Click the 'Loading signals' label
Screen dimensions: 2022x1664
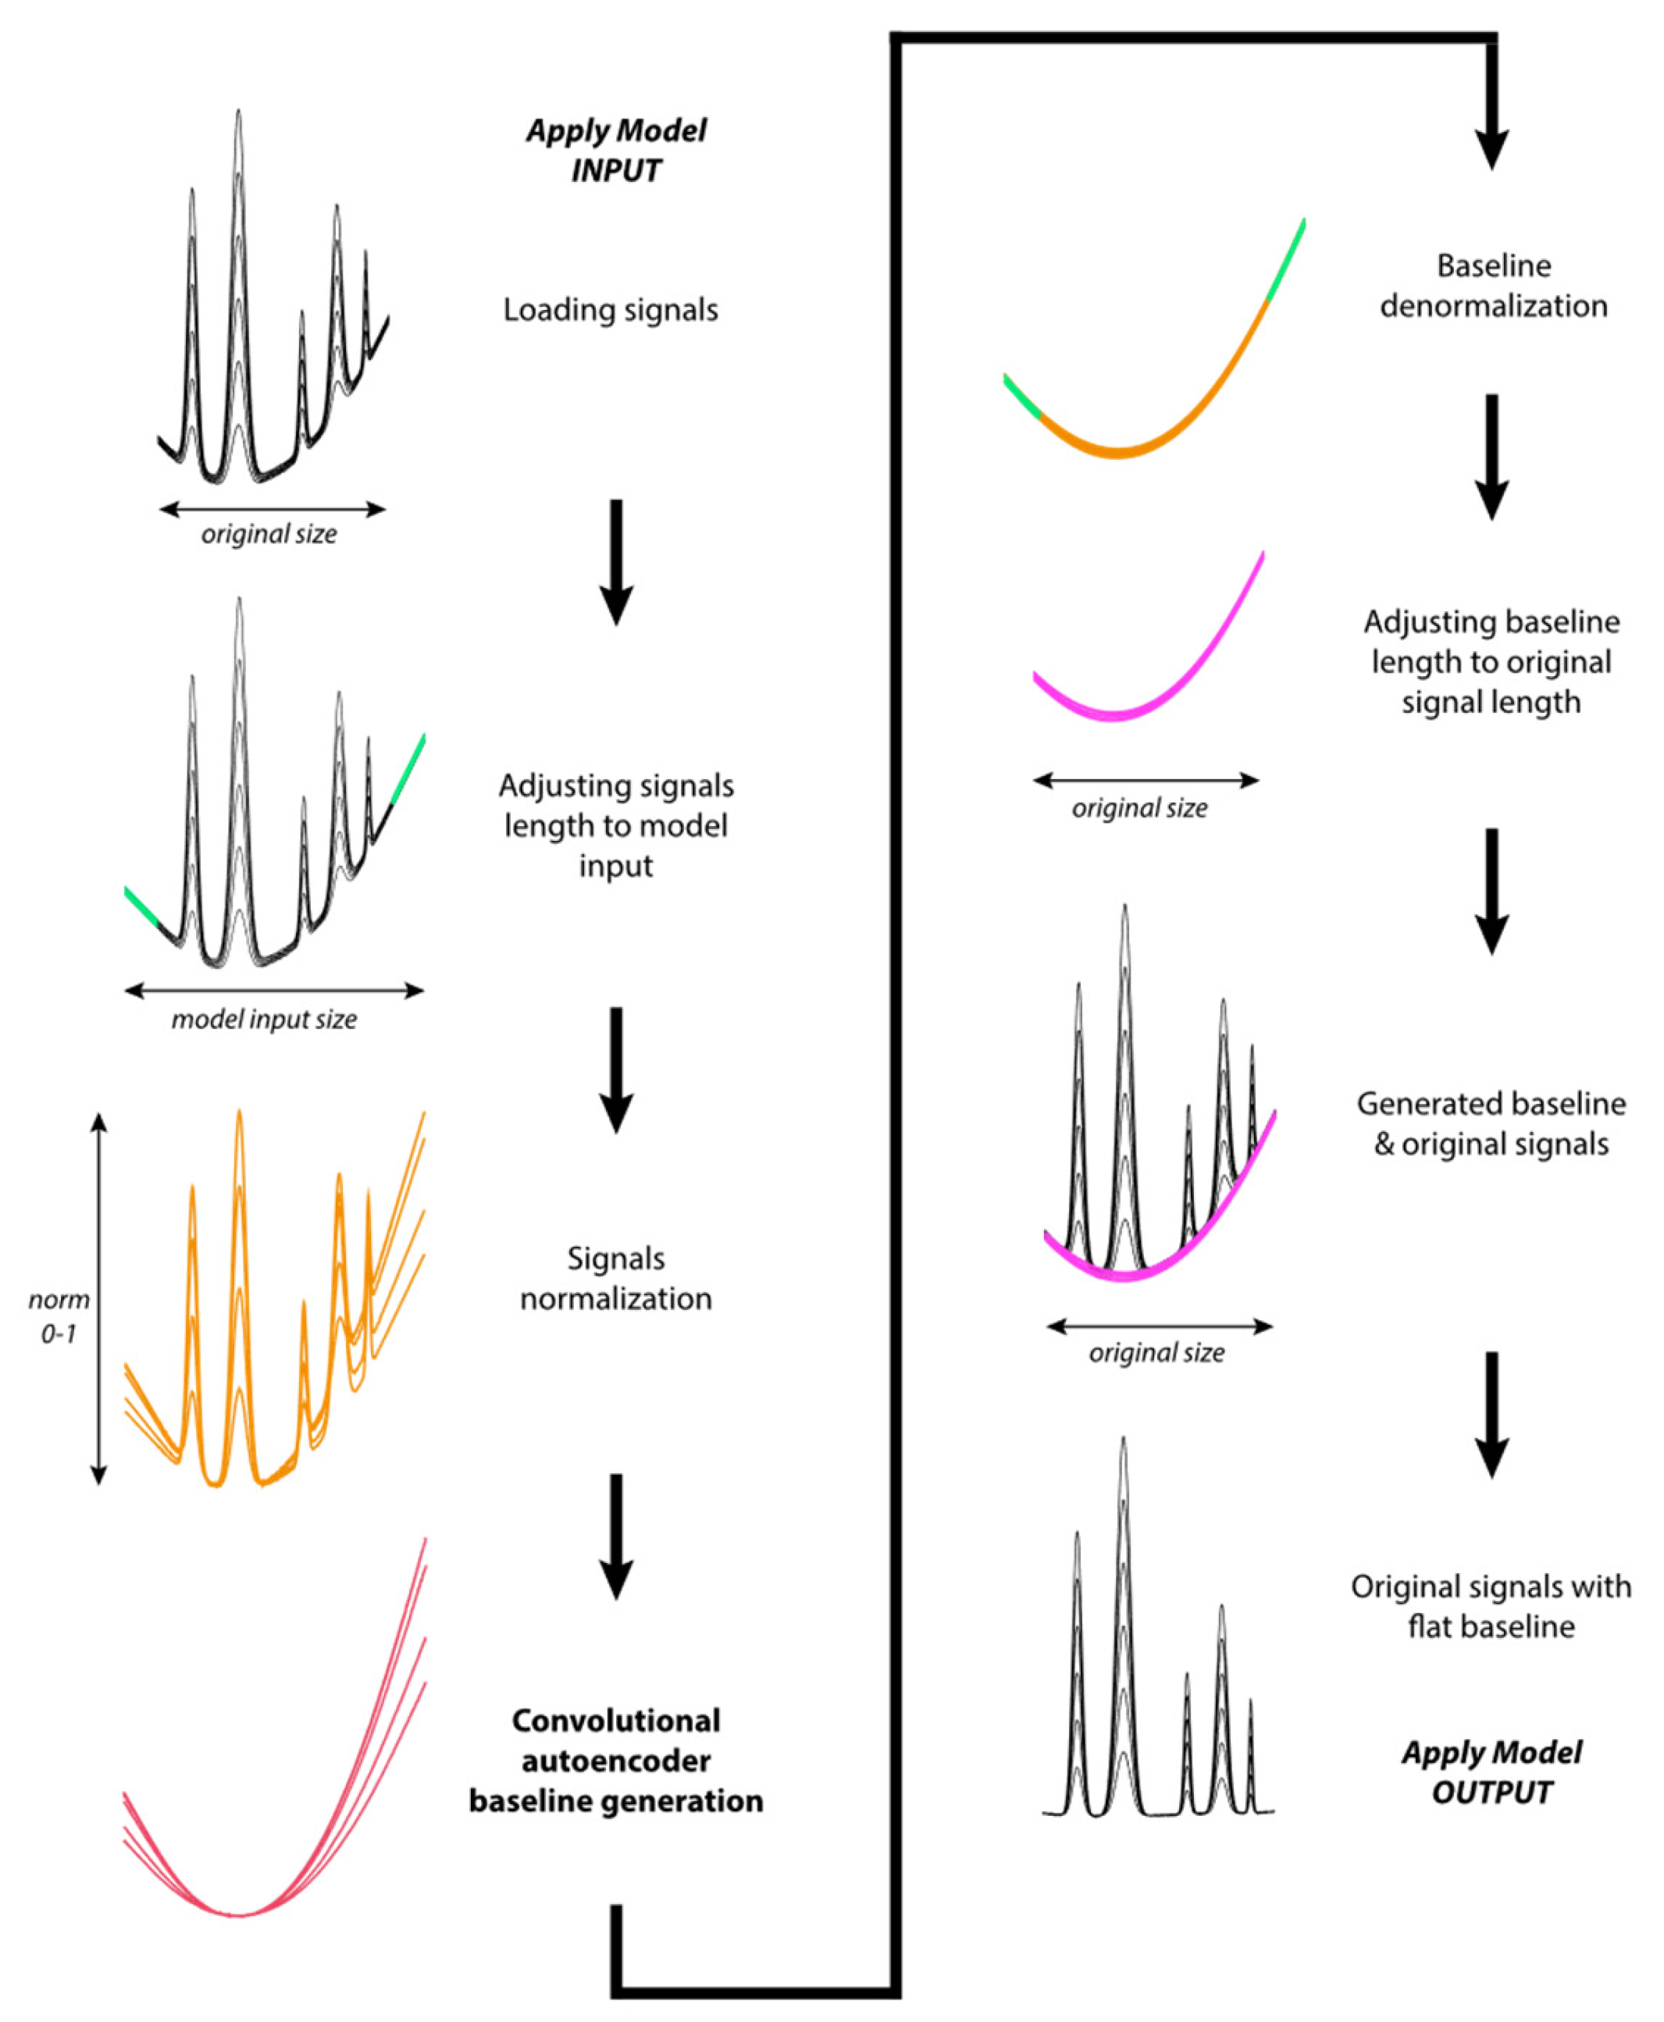click(611, 309)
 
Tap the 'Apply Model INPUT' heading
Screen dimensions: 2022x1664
click(616, 151)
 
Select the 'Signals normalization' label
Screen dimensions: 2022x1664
click(615, 1277)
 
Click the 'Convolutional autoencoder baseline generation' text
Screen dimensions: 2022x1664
click(616, 1760)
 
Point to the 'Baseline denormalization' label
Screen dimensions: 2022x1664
click(1492, 286)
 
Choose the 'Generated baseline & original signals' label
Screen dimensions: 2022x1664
click(1491, 1123)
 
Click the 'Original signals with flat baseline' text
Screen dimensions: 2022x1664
click(1491, 1606)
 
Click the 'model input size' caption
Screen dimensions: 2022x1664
click(264, 1019)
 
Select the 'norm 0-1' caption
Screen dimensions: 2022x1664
click(59, 1315)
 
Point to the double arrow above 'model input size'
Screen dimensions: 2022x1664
click(274, 990)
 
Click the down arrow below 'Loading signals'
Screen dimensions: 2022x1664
click(616, 561)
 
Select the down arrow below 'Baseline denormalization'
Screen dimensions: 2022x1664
click(1491, 456)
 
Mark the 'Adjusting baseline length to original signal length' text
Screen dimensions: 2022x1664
click(1491, 661)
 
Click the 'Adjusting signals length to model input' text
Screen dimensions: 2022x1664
click(616, 825)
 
